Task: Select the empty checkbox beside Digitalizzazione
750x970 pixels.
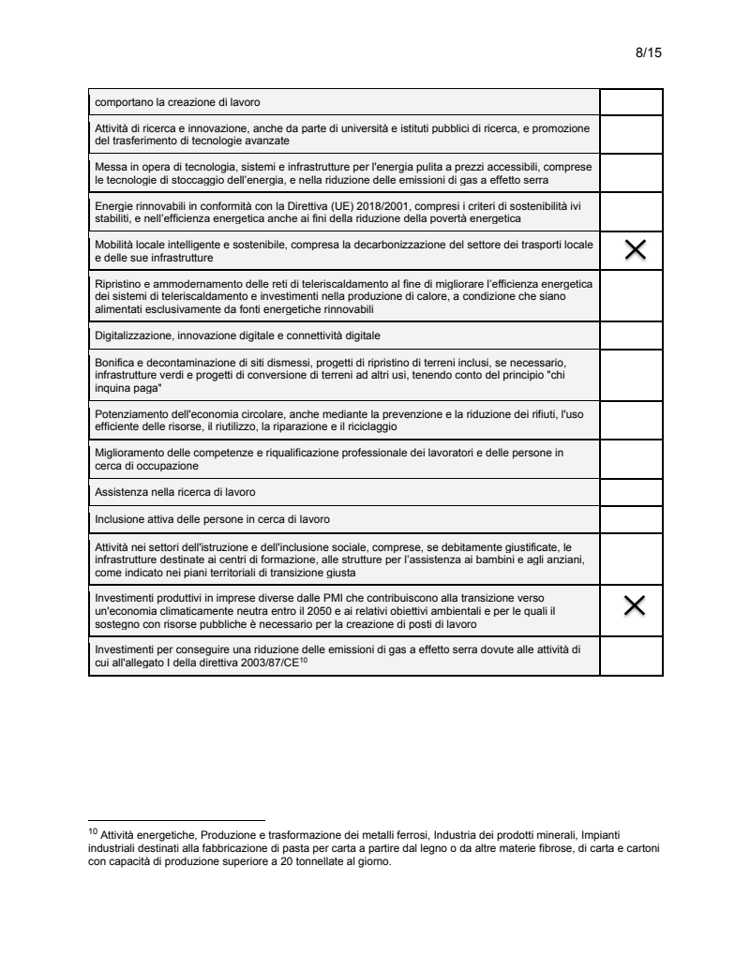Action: click(x=631, y=335)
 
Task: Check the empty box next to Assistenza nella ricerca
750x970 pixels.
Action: click(x=631, y=491)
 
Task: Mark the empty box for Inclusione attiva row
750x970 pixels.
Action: click(x=631, y=518)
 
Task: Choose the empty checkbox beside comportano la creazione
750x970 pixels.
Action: click(x=631, y=101)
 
